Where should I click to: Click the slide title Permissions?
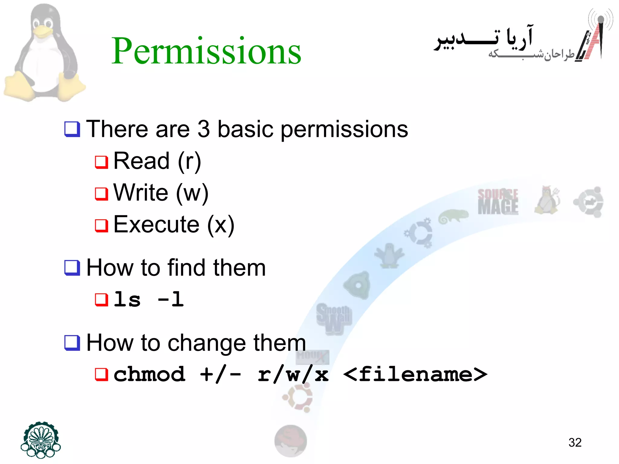click(206, 51)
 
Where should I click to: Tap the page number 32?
click(575, 443)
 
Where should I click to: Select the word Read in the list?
click(141, 161)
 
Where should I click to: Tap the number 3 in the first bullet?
click(203, 129)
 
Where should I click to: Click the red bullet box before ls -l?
click(101, 300)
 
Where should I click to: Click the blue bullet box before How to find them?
click(72, 268)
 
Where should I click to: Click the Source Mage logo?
click(497, 202)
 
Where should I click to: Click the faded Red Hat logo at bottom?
click(290, 441)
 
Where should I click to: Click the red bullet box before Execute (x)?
click(101, 225)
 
